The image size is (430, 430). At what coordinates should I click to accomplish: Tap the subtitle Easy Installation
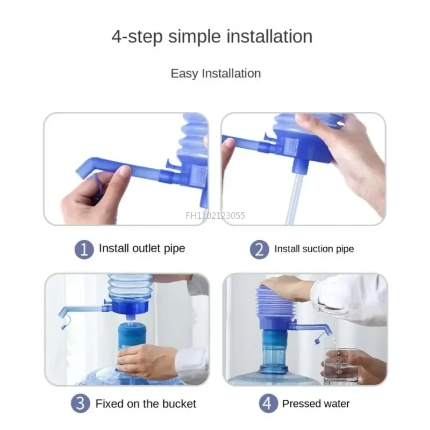[x=216, y=74]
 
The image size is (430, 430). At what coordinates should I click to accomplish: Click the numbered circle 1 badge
[x=84, y=249]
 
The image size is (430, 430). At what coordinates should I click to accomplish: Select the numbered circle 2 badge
[x=259, y=249]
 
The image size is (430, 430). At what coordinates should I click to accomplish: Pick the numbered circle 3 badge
[x=81, y=404]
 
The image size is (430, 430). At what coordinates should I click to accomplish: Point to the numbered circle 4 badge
[x=268, y=404]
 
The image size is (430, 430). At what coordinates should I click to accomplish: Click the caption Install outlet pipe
[x=142, y=248]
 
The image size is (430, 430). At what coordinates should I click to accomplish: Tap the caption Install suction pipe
[x=314, y=249]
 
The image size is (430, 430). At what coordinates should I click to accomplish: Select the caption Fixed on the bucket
[x=146, y=404]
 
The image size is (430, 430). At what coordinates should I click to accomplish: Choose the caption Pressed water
[x=316, y=404]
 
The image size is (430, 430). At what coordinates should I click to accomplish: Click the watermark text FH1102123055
[x=215, y=216]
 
